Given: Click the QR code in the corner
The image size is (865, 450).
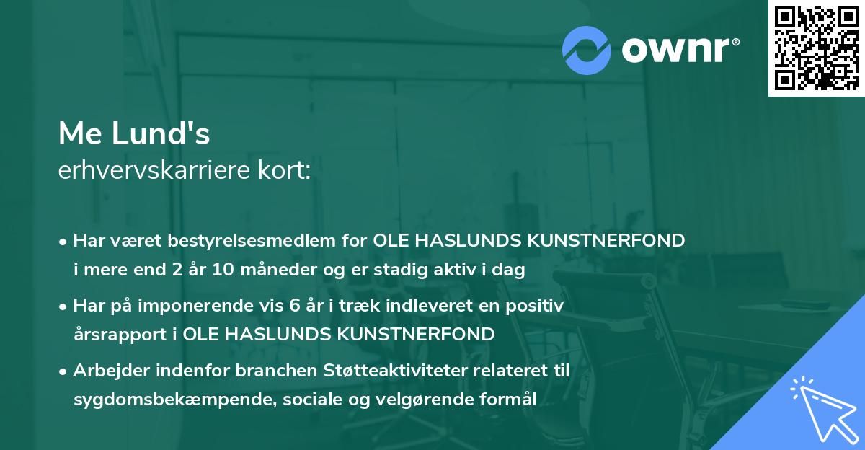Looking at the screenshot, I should click(x=817, y=48).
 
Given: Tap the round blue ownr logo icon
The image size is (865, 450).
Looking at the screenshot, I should click(x=587, y=50).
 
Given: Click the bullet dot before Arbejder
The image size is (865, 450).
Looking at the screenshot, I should click(x=63, y=371).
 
